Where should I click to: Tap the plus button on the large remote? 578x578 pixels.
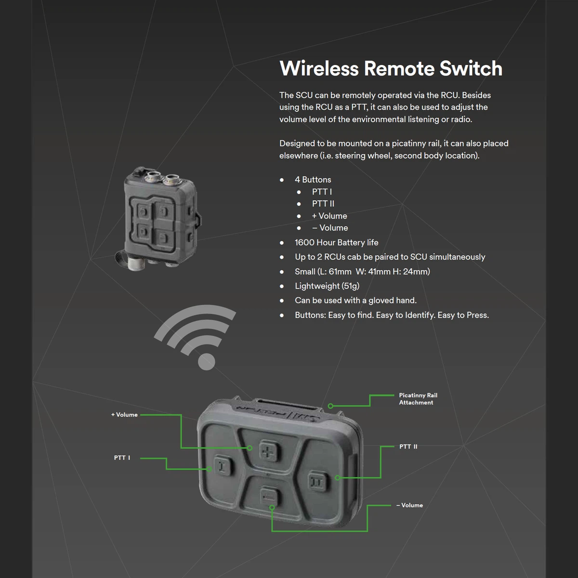[x=269, y=451]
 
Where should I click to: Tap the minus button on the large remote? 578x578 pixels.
[x=269, y=497]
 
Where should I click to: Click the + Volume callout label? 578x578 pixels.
[x=124, y=415]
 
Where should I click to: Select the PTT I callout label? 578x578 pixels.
[x=122, y=458]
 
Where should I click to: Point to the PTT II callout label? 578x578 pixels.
[x=408, y=447]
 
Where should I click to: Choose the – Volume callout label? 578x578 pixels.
[x=409, y=505]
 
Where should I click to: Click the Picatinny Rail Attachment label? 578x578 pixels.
[x=418, y=399]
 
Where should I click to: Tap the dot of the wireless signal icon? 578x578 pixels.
[x=207, y=362]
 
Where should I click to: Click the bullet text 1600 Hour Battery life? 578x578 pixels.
[x=337, y=242]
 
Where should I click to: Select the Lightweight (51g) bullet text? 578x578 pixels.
[x=327, y=286]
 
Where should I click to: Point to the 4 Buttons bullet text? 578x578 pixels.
[x=313, y=180]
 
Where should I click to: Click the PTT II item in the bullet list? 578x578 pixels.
[x=323, y=204]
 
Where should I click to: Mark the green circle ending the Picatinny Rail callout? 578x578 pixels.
[x=330, y=406]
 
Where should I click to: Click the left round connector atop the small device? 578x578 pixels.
[x=152, y=176]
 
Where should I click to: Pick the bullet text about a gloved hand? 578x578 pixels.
[x=356, y=300]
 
